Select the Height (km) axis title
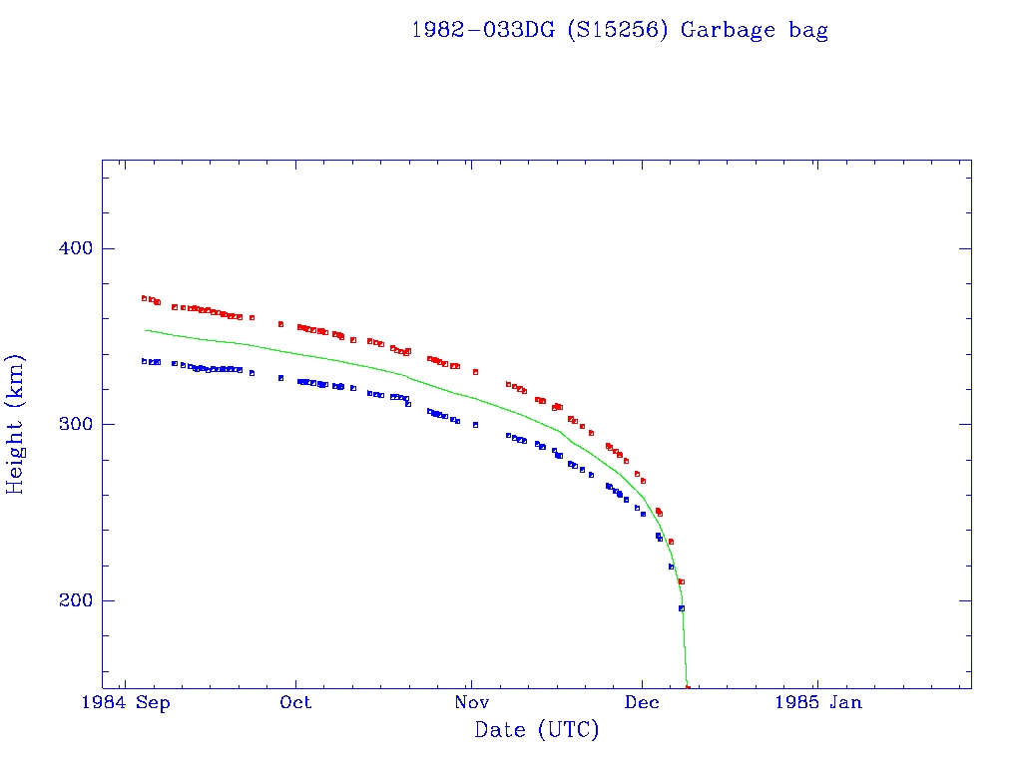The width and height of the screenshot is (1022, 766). point(16,424)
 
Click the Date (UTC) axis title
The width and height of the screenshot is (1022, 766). point(537,730)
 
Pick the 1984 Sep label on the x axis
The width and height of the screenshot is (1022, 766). point(126,703)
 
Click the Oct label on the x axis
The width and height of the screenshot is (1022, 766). point(295,703)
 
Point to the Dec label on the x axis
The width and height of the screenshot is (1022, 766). point(642,703)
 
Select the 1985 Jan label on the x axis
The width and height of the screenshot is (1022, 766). point(817,703)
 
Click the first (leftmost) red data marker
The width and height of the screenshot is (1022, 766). point(144,298)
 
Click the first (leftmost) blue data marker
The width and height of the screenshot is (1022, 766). point(144,361)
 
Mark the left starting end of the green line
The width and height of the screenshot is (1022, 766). point(146,329)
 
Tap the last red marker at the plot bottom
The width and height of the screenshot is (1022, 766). point(688,687)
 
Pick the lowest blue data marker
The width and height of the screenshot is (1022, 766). point(682,608)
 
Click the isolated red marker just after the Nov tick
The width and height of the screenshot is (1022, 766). point(475,372)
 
